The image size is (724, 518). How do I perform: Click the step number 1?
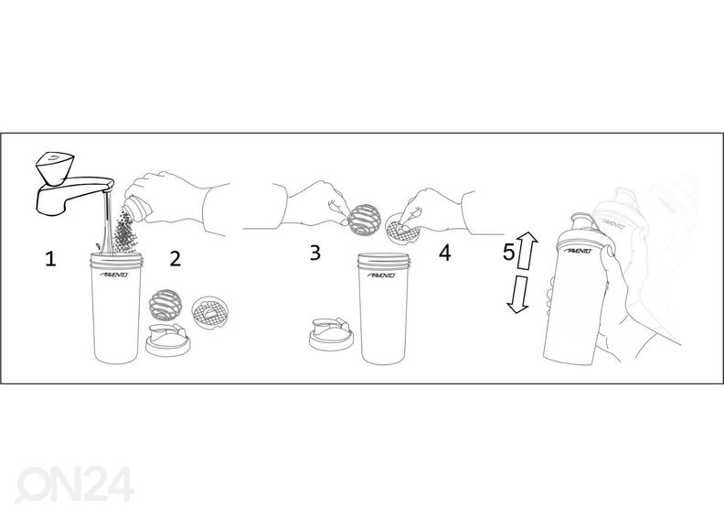click(x=51, y=259)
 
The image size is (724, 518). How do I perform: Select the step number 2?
click(x=175, y=258)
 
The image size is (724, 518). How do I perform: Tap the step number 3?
click(x=314, y=253)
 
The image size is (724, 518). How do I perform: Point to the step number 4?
click(x=444, y=253)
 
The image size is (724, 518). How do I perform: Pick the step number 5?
click(x=509, y=253)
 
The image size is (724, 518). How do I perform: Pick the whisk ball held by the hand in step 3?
click(x=361, y=217)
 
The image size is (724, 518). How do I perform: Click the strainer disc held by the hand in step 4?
click(x=399, y=228)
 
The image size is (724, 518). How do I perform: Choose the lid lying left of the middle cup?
click(x=331, y=336)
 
